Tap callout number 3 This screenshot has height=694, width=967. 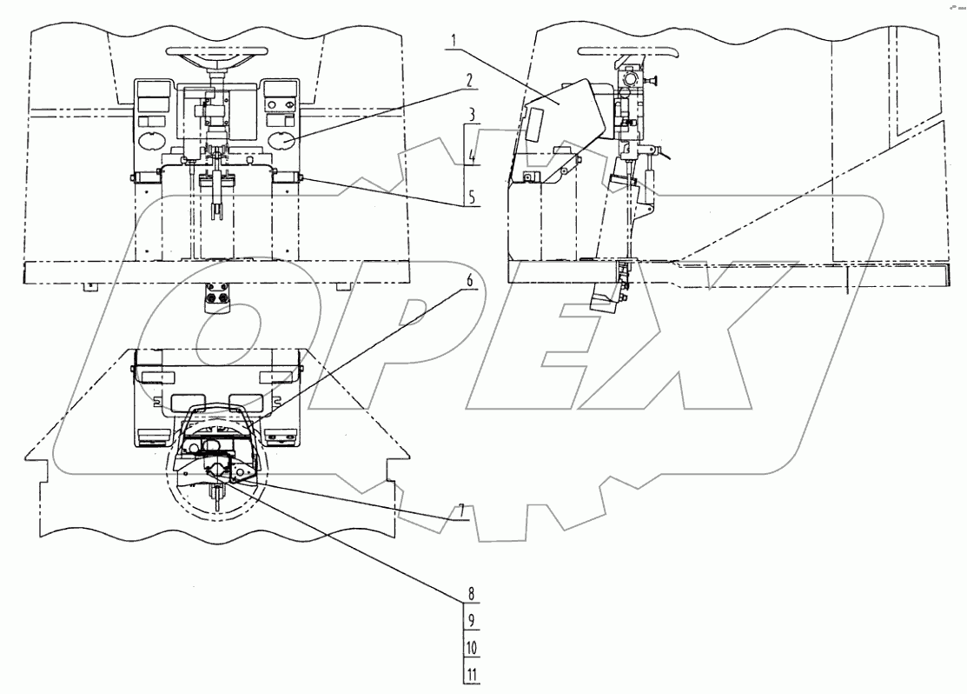tap(469, 115)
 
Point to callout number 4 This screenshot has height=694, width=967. tap(471, 158)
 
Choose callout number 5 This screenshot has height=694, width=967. tap(471, 197)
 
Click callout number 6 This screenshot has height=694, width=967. tap(470, 284)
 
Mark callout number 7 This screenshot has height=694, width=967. tap(463, 510)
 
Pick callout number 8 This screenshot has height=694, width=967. tap(470, 596)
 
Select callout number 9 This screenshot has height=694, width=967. tap(470, 621)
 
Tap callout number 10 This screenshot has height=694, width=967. tap(470, 648)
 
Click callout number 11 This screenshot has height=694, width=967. tap(470, 674)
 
